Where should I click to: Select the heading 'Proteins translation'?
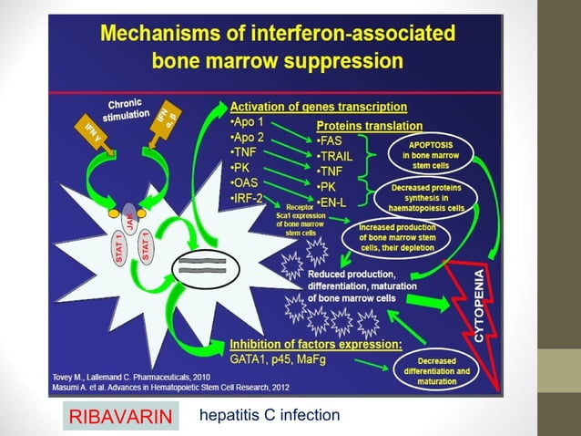click(x=369, y=125)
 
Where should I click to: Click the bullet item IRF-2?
click(x=247, y=198)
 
